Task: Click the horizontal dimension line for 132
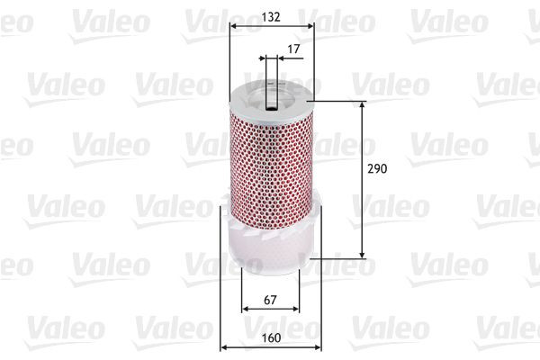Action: (x=270, y=26)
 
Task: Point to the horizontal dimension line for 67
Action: (x=270, y=309)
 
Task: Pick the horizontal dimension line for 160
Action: (x=270, y=348)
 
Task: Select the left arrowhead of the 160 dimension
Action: (x=224, y=348)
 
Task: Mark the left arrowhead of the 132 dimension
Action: (x=234, y=26)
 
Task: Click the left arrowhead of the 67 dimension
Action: (x=245, y=309)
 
